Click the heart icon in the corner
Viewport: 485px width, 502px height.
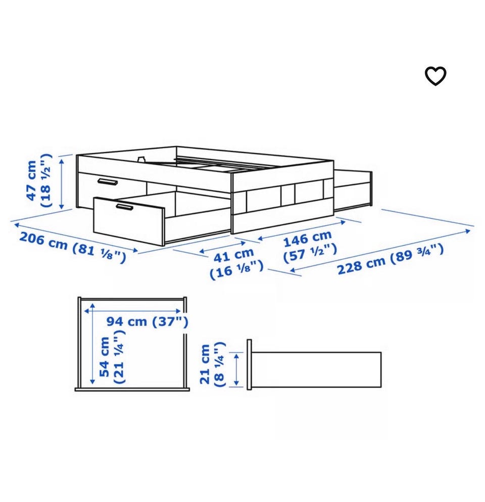(x=435, y=76)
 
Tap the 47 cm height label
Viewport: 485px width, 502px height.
(x=32, y=181)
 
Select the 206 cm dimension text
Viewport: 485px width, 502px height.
(x=43, y=241)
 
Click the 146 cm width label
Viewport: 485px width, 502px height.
(x=307, y=238)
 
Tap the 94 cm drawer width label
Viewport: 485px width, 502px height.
(x=127, y=321)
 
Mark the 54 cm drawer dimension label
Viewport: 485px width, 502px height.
(x=105, y=357)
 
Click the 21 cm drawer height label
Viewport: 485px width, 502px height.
(x=205, y=364)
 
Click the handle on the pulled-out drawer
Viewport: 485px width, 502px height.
(x=124, y=207)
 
